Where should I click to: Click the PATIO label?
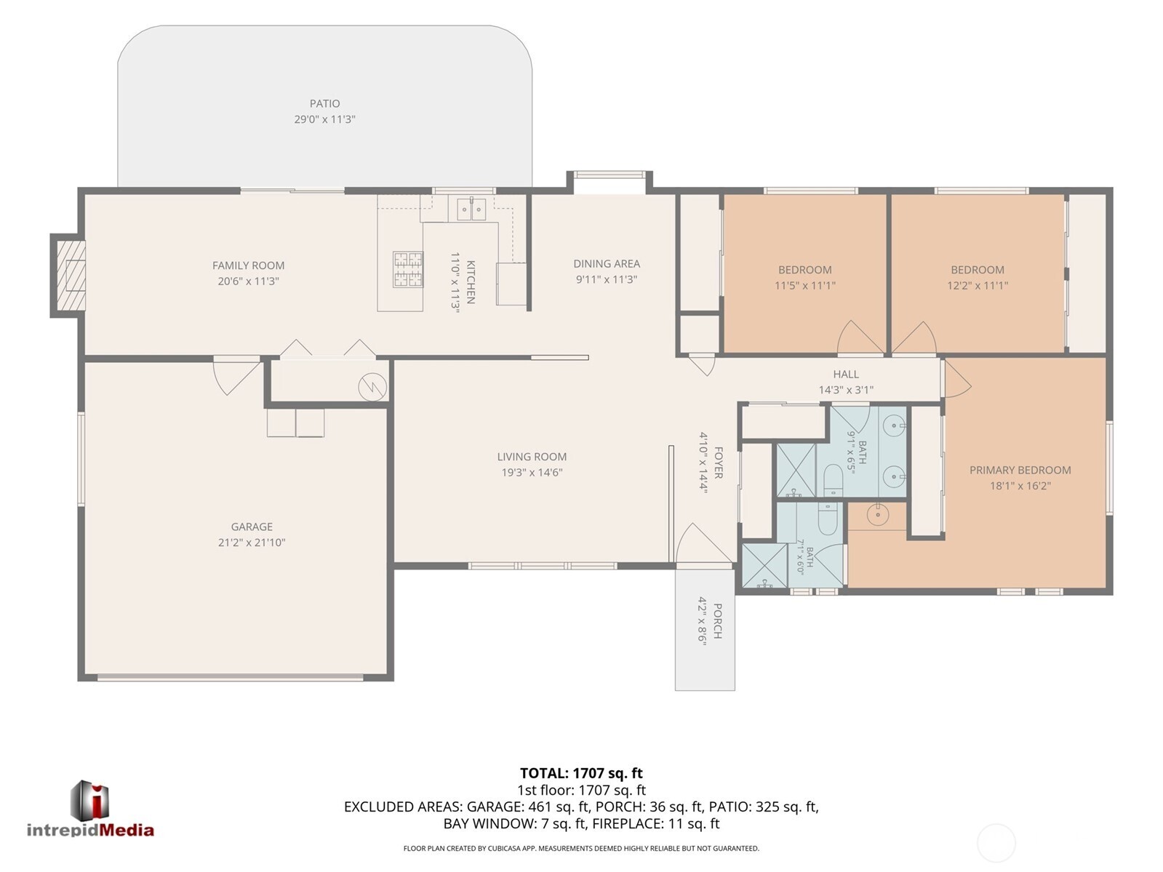click(x=325, y=103)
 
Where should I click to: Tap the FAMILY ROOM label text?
click(x=249, y=265)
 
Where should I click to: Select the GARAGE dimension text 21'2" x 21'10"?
click(x=252, y=542)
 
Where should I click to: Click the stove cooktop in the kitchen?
click(x=408, y=269)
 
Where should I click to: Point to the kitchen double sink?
click(x=471, y=209)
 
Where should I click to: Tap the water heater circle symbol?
click(x=372, y=387)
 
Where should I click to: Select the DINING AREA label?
click(x=607, y=263)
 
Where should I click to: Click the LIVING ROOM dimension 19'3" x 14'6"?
click(x=532, y=472)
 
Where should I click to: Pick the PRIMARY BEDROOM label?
click(x=1020, y=470)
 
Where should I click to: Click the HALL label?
click(x=846, y=374)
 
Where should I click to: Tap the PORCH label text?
click(x=718, y=621)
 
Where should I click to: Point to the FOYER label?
click(x=719, y=463)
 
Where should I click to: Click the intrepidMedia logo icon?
click(x=90, y=801)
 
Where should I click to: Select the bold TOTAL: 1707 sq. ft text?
click(x=581, y=773)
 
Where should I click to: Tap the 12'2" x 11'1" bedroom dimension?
click(x=978, y=285)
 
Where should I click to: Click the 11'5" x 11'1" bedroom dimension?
click(x=805, y=285)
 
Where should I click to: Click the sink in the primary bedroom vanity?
click(x=878, y=514)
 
